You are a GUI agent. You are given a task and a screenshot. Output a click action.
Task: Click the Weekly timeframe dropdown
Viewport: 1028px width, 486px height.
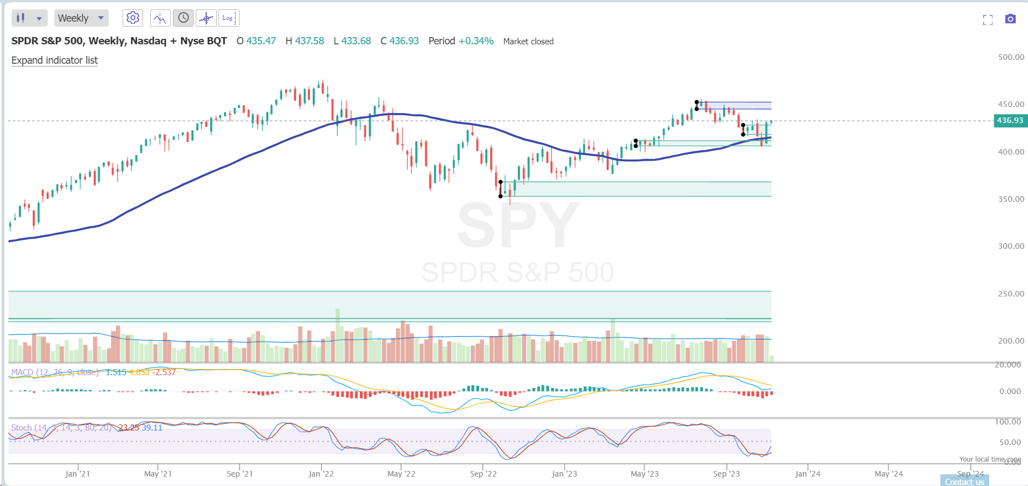[x=81, y=18]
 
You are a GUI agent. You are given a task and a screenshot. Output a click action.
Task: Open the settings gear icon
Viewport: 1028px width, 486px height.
[x=133, y=18]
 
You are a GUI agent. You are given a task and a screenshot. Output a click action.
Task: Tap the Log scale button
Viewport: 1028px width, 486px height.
[x=228, y=18]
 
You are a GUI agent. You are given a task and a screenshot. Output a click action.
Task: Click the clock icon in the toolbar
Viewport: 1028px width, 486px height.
[x=183, y=18]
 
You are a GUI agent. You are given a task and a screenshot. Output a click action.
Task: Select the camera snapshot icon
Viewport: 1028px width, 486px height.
[x=1010, y=19]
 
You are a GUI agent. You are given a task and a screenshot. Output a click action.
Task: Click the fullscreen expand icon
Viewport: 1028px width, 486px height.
[x=988, y=20]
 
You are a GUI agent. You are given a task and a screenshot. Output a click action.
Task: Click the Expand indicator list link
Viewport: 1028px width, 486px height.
[x=54, y=60]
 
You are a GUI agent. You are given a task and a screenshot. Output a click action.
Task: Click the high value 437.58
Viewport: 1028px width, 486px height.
[x=309, y=41]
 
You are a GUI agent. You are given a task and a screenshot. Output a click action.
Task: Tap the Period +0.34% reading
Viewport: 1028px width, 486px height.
[x=461, y=41]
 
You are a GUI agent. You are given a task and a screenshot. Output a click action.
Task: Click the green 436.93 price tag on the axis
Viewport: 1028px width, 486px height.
[x=1010, y=120]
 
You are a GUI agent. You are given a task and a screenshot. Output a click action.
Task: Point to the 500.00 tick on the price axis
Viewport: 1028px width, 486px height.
[x=1011, y=57]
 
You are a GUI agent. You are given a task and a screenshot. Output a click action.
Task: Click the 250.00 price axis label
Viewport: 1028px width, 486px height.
[x=1011, y=294]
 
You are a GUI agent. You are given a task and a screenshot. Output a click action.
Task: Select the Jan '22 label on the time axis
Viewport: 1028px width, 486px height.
[x=321, y=474]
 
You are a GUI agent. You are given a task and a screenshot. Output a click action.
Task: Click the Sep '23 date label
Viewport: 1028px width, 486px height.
[x=726, y=474]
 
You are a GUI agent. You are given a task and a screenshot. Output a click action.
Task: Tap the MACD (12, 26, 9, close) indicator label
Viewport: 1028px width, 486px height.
[x=54, y=372]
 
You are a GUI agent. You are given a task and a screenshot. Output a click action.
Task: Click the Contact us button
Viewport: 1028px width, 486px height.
[x=964, y=482]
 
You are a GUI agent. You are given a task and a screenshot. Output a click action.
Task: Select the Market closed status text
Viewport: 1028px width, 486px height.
[x=528, y=42]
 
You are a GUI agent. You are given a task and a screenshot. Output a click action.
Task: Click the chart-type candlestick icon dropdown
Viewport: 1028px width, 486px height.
[x=29, y=18]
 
